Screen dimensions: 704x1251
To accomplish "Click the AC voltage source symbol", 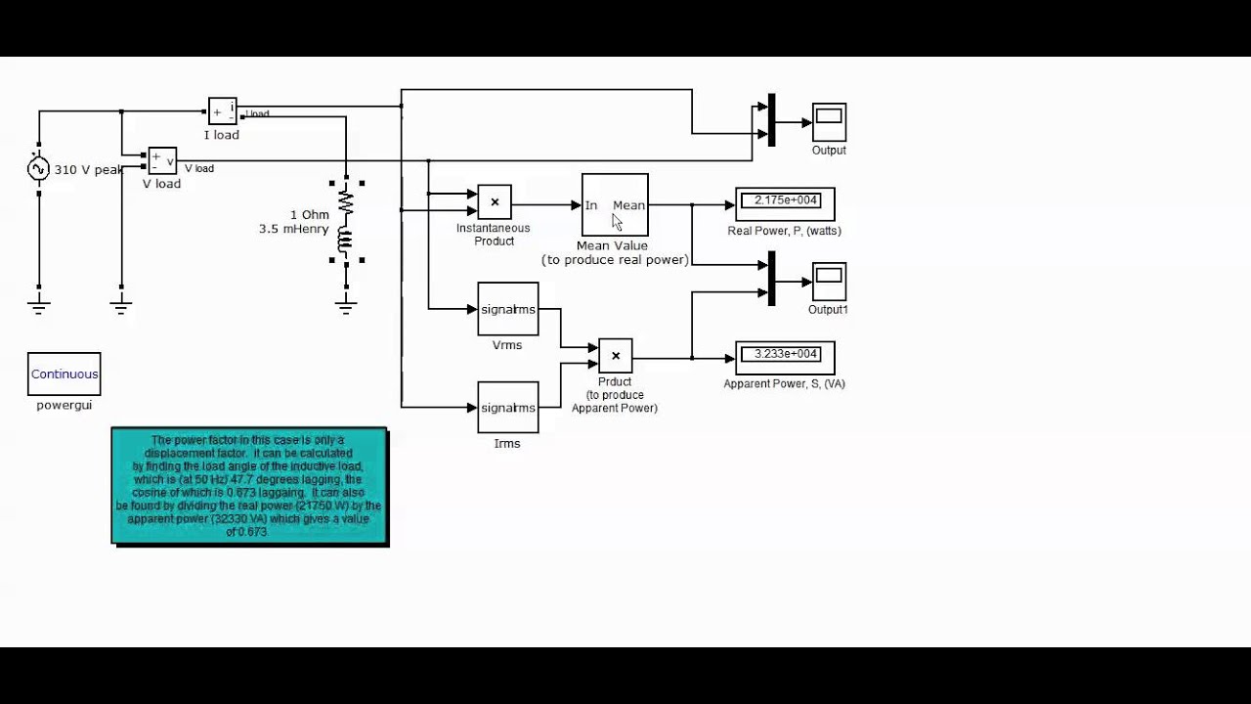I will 38,170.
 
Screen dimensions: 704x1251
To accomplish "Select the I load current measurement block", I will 222,111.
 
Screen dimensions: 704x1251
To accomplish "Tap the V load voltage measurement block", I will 162,160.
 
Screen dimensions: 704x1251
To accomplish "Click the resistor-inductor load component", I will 345,221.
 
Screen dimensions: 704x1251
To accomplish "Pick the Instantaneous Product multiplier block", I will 495,202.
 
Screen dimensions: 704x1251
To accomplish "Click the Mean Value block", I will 615,205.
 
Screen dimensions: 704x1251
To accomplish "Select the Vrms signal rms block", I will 507,310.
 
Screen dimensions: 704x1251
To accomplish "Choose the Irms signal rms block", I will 507,408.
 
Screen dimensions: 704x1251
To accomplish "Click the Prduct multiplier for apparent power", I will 615,356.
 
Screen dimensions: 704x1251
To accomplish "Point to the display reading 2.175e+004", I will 785,201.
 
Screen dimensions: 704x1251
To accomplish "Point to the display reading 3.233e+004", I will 785,355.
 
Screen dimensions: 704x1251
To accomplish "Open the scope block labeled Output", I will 829,122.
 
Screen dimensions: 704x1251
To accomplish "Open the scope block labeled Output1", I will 829,282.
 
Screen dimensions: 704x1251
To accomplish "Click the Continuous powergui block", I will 65,374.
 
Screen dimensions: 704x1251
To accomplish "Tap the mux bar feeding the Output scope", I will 771,120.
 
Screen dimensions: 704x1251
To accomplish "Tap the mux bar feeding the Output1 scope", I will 771,279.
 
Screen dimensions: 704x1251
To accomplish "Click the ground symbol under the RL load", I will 345,304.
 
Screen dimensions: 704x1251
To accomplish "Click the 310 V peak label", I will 88,170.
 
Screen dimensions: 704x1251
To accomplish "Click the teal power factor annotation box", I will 249,486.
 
